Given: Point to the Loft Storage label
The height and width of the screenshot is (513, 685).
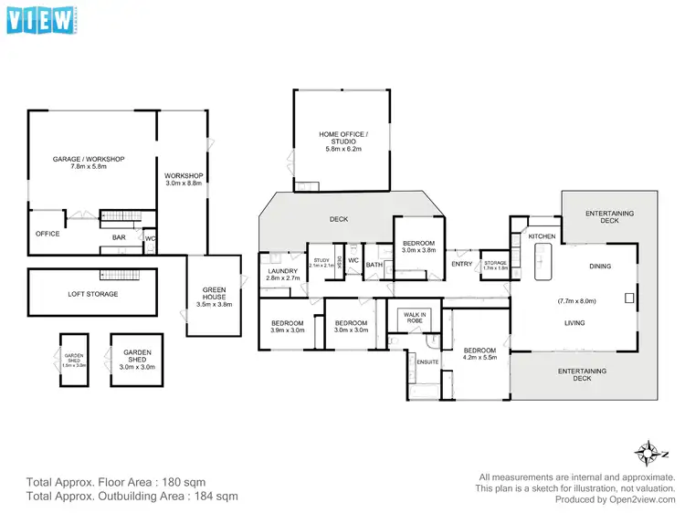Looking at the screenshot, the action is click(93, 294).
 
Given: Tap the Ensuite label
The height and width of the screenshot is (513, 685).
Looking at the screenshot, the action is click(428, 362).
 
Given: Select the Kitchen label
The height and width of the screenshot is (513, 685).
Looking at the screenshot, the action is click(543, 236).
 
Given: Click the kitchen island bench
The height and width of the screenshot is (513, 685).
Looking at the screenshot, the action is click(542, 267).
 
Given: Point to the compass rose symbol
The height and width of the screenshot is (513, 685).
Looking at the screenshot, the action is click(648, 449).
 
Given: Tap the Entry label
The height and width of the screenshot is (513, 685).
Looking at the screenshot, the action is click(462, 265).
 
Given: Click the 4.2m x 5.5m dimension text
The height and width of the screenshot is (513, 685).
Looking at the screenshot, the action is click(479, 359).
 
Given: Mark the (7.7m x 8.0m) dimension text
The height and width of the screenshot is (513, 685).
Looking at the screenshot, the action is click(576, 300).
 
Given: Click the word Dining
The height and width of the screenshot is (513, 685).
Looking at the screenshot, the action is click(600, 267).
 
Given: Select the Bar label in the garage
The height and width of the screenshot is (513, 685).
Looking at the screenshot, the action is click(119, 237).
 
